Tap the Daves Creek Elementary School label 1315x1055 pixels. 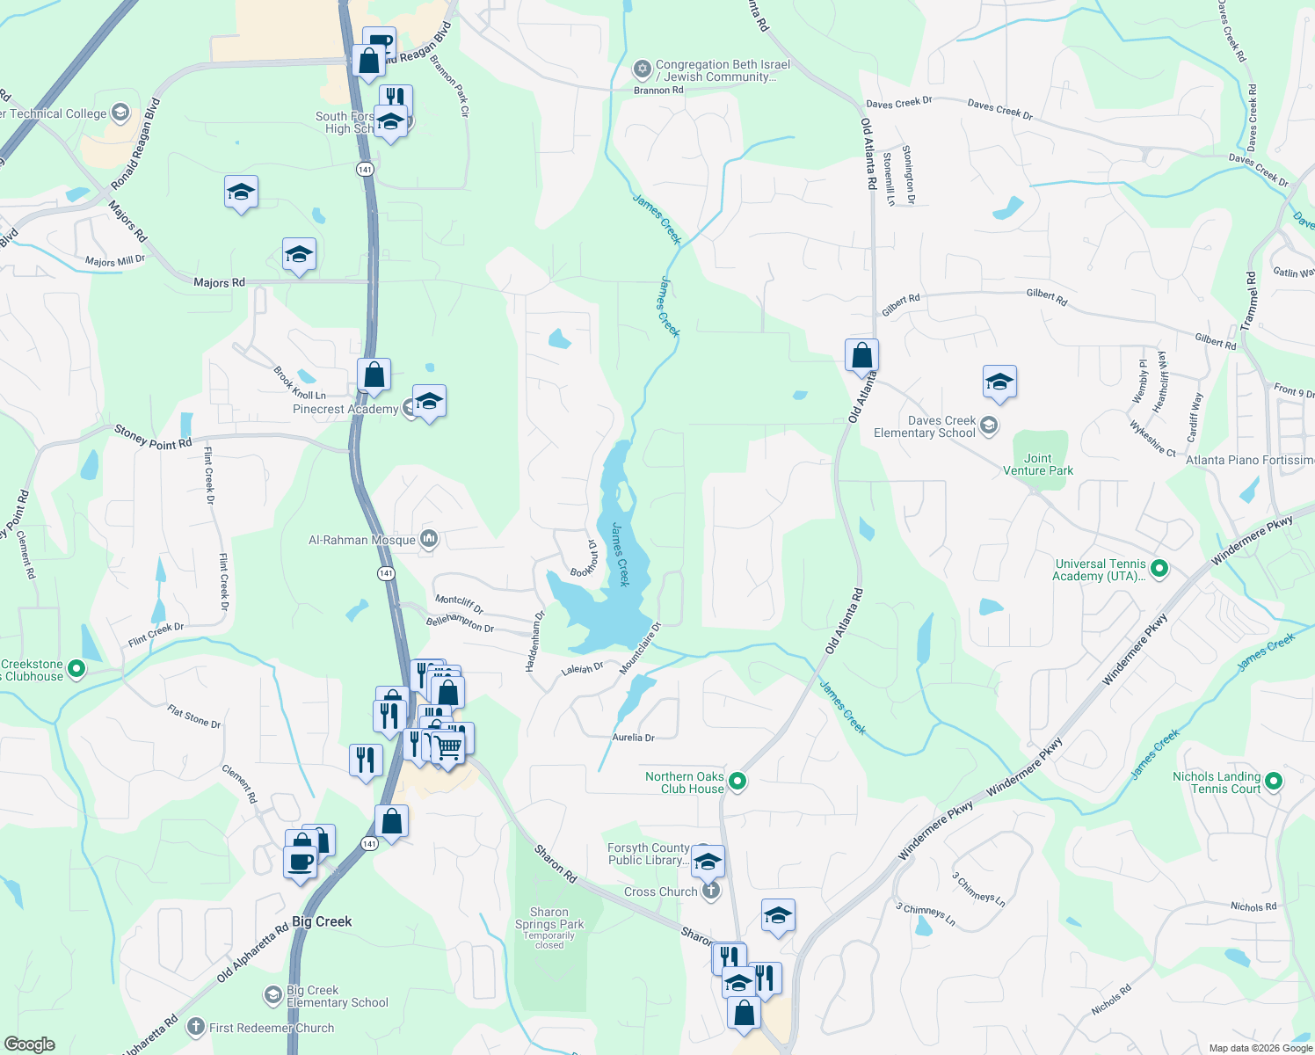pos(925,427)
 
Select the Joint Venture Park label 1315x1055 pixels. pos(1038,464)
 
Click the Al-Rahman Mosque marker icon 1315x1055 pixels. pos(429,539)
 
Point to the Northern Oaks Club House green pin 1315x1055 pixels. pos(737,781)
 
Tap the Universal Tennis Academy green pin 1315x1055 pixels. pos(1159,569)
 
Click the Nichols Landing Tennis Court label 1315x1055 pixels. pos(1217,782)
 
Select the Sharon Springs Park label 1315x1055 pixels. pos(549,919)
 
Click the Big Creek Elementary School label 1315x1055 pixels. pos(338,996)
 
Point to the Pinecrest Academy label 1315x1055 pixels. pos(345,409)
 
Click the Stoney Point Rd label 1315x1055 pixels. pos(153,437)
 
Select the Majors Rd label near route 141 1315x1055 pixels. pos(219,282)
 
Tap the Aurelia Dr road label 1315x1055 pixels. pos(633,738)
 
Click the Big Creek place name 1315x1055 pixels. pos(322,921)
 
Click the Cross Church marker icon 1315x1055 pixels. pos(711,891)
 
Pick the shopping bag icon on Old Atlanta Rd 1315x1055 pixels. pos(861,356)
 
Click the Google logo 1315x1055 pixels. pos(30,1044)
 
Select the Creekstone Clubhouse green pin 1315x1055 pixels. pos(76,670)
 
